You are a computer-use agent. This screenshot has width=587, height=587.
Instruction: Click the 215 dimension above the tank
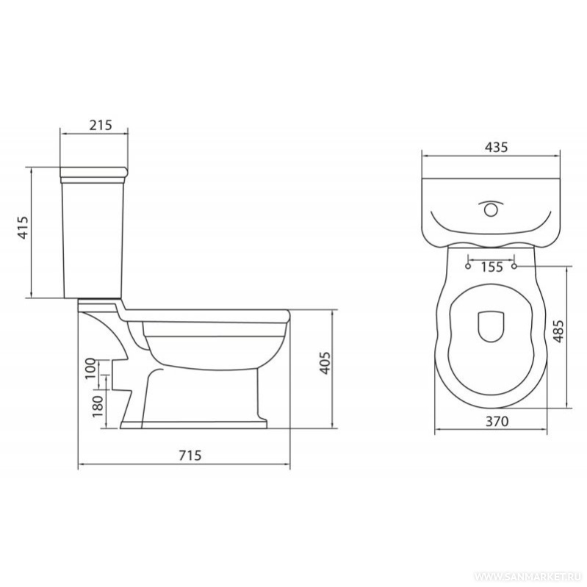pyautogui.click(x=101, y=125)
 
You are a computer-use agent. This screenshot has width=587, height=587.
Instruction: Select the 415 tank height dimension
pyautogui.click(x=24, y=227)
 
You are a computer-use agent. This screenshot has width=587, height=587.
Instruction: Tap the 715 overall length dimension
pyautogui.click(x=190, y=455)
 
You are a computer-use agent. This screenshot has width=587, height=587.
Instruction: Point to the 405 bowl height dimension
pyautogui.click(x=325, y=362)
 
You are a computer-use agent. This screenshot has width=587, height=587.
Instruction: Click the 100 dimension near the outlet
pyautogui.click(x=90, y=368)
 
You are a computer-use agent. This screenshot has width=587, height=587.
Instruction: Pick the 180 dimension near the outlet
pyautogui.click(x=97, y=406)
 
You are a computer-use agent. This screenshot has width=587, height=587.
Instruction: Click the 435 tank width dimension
pyautogui.click(x=497, y=147)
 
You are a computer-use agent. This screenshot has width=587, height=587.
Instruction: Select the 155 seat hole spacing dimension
pyautogui.click(x=491, y=267)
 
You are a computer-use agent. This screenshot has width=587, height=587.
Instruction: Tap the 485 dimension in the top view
pyautogui.click(x=558, y=331)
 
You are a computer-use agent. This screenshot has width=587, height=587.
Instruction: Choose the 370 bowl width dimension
pyautogui.click(x=497, y=421)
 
